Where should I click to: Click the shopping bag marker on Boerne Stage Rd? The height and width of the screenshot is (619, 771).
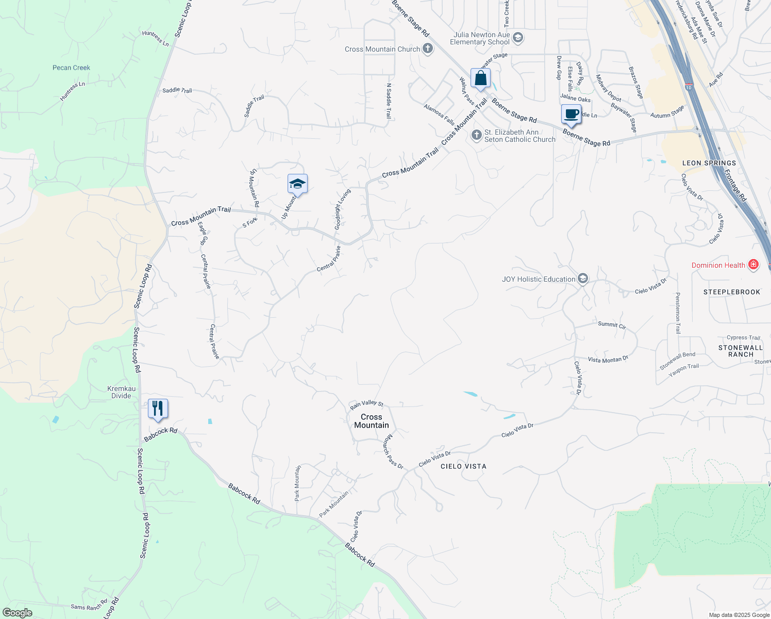[x=480, y=79]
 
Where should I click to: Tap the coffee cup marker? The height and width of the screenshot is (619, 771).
[x=571, y=114]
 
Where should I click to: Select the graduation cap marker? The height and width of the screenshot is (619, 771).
[x=297, y=184]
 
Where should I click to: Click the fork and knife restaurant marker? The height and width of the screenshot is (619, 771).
[x=158, y=409]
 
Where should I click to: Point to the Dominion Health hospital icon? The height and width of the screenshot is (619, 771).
[x=753, y=265]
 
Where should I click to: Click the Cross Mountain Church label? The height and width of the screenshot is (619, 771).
[x=382, y=50]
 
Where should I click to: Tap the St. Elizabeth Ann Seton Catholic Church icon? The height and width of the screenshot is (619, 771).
[x=477, y=135]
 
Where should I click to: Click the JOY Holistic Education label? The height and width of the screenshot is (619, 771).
[x=539, y=279]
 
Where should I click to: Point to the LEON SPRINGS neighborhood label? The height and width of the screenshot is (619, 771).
[x=709, y=163]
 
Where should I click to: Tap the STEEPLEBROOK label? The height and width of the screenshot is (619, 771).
[x=732, y=292]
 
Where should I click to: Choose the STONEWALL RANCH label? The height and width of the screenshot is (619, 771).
[x=741, y=351]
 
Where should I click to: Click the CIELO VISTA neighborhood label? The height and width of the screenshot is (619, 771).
[x=463, y=466]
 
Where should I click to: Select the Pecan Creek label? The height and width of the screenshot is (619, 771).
[x=71, y=68]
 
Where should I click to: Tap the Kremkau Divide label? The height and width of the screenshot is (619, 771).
[x=122, y=392]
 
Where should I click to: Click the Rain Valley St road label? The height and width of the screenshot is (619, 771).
[x=366, y=404]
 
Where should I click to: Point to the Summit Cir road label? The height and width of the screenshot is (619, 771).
[x=612, y=325]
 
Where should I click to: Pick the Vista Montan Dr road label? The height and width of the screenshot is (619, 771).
[x=608, y=360]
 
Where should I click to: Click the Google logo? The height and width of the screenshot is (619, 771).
[x=18, y=613]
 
